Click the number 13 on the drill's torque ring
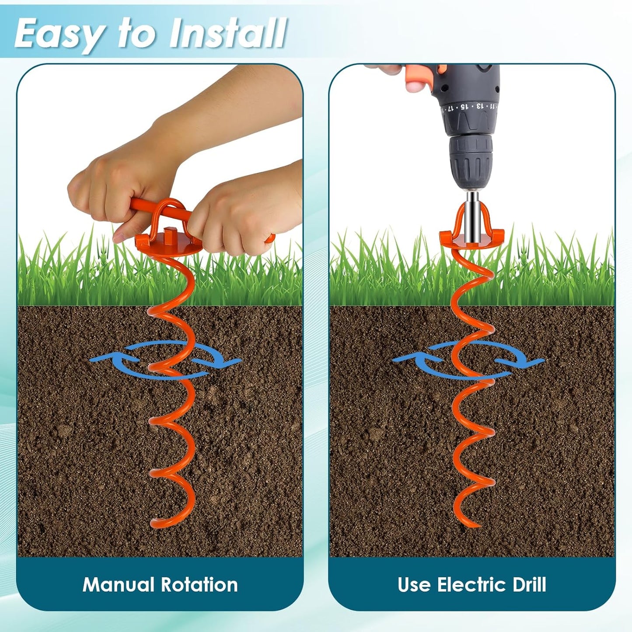480,105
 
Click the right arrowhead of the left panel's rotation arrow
230,362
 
